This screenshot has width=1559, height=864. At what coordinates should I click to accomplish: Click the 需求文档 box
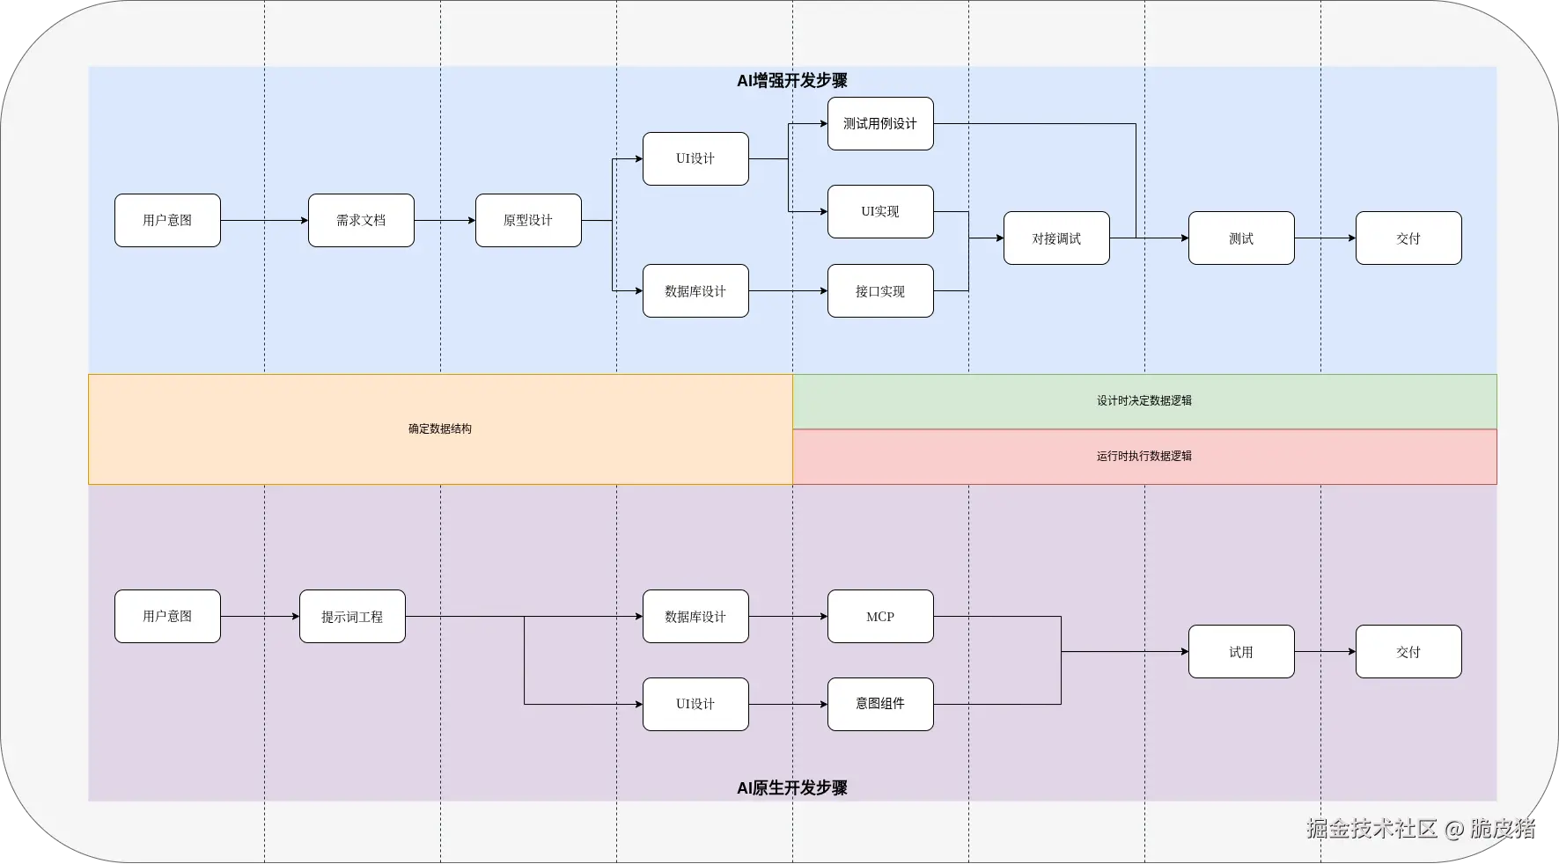(x=361, y=220)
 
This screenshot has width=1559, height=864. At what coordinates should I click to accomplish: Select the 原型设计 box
(x=528, y=220)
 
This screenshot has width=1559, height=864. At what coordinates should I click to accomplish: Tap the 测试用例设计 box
(x=880, y=123)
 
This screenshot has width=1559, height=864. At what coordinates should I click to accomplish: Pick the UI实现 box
(x=880, y=211)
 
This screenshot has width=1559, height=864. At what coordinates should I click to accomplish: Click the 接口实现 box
(x=880, y=290)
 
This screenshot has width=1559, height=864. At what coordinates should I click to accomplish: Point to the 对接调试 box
(x=1056, y=238)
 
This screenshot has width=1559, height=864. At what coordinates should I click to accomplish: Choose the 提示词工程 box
(x=352, y=616)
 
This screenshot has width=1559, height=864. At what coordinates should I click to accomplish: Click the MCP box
(x=880, y=616)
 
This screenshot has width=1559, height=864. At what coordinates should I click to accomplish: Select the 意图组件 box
(x=880, y=704)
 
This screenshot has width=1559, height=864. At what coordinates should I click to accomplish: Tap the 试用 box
(x=1241, y=651)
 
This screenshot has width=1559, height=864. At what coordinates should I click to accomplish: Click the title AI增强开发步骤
(x=792, y=81)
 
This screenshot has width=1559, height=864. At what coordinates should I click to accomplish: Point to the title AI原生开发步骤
(x=792, y=788)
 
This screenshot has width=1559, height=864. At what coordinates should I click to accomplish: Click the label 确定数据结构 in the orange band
(x=440, y=429)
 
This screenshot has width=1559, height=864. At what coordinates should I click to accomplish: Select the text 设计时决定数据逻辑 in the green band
(x=1144, y=400)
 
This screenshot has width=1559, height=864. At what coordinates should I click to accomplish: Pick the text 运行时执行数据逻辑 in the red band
(x=1144, y=456)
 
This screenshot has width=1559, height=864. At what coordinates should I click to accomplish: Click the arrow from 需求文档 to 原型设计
(x=445, y=220)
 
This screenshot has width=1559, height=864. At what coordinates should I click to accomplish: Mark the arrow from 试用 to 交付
(x=1325, y=651)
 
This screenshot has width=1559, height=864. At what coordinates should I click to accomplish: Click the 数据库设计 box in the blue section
(x=695, y=290)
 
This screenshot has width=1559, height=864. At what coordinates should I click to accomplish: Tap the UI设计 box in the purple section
(x=695, y=704)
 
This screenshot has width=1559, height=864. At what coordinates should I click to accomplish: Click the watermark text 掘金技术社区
(x=1371, y=829)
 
